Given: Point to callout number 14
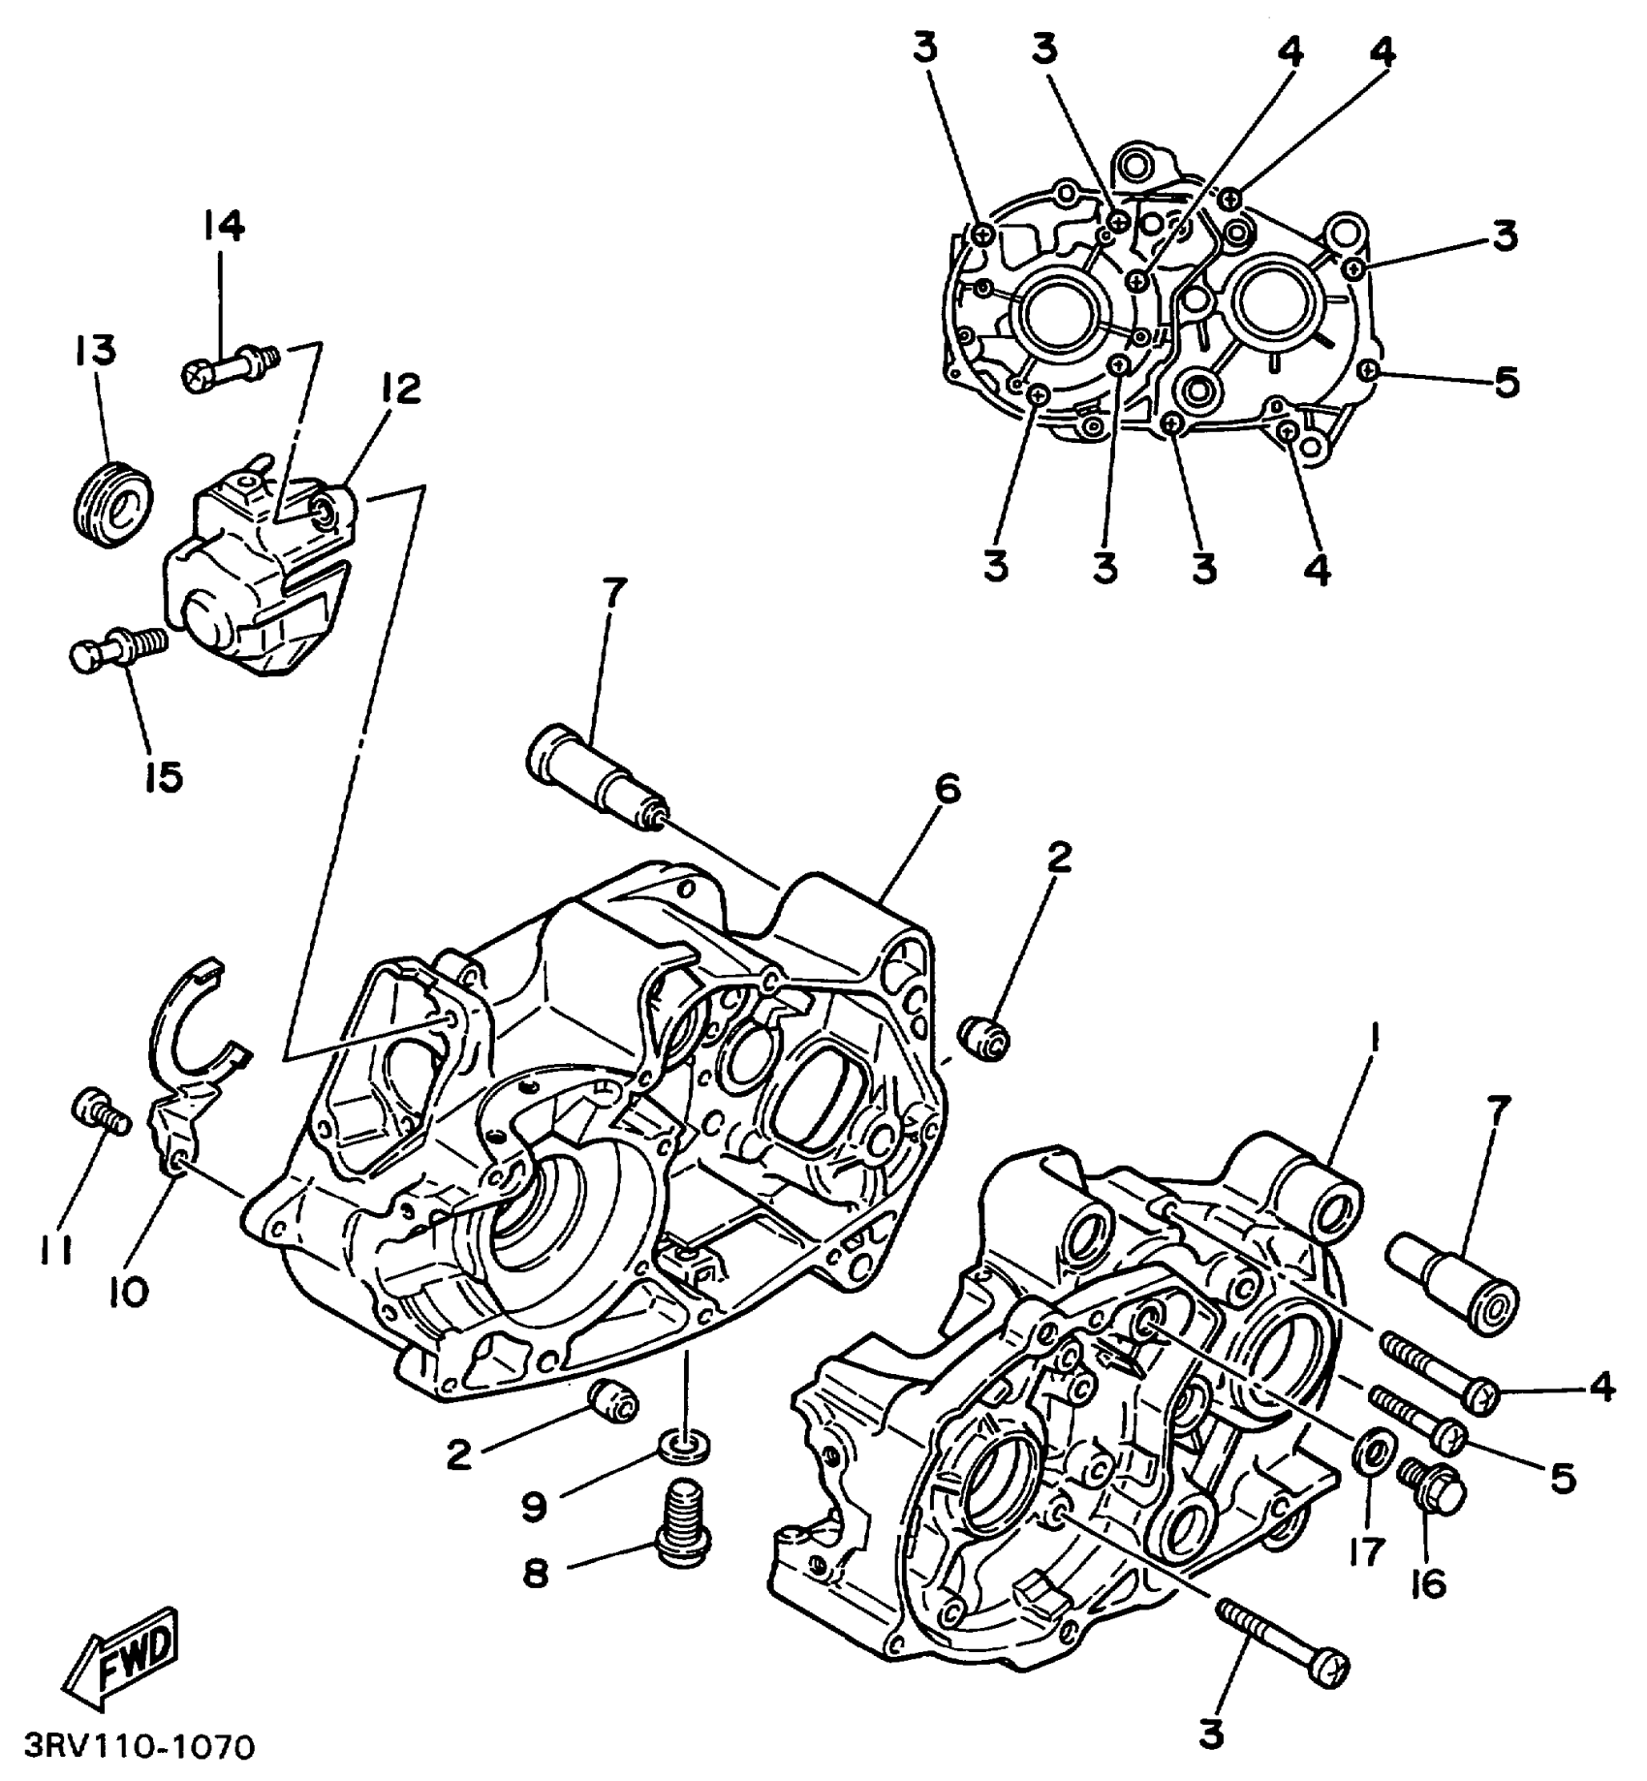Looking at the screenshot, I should (224, 226).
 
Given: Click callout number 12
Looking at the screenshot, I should (400, 389).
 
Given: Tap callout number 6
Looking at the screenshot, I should (947, 790).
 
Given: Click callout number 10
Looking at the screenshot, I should (129, 1290).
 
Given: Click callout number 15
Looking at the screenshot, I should (165, 775).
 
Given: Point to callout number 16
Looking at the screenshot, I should (1429, 1585).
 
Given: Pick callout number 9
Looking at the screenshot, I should (534, 1505).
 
